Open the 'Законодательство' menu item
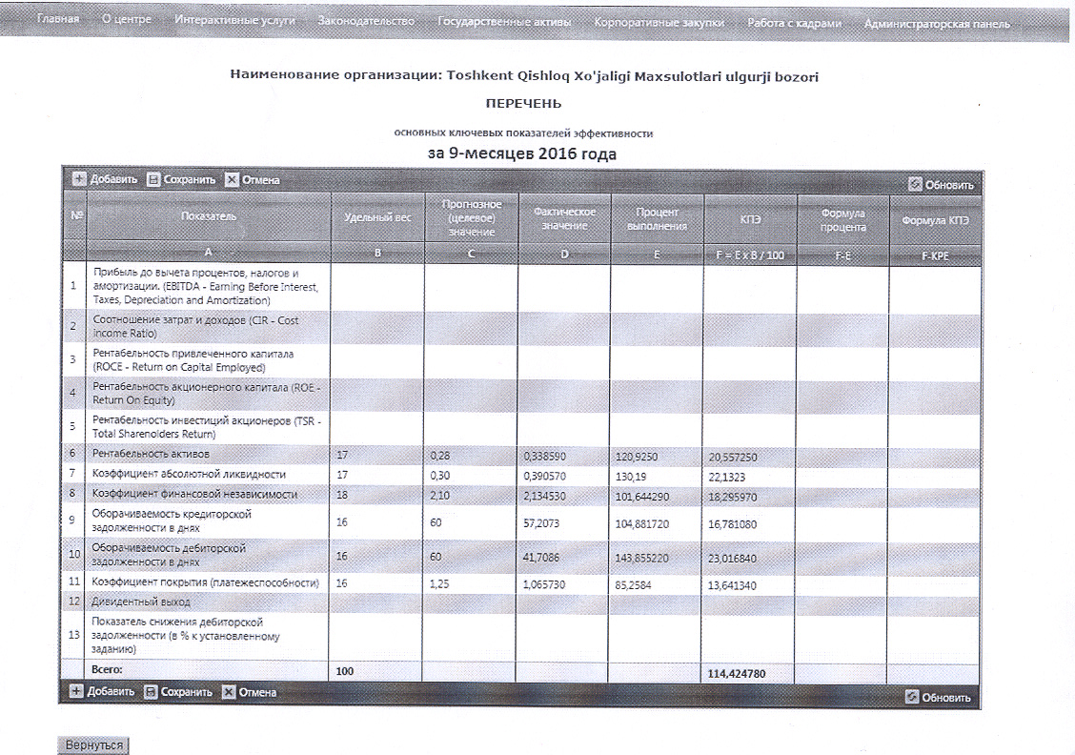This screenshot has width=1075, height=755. tap(366, 21)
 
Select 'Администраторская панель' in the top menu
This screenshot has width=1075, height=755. tap(936, 23)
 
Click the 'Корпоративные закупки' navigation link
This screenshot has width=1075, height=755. tap(658, 22)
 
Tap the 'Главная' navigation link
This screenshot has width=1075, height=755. tap(57, 20)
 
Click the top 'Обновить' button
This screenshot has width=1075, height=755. tap(941, 185)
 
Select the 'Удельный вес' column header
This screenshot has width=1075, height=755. tap(377, 217)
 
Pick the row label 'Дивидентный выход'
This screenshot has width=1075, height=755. tap(141, 602)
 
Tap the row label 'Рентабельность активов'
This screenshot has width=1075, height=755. tap(151, 453)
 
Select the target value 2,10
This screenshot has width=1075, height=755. tap(440, 494)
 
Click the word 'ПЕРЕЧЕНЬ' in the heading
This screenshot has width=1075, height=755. tap(523, 103)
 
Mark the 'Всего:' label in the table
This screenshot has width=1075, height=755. tap(108, 671)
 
